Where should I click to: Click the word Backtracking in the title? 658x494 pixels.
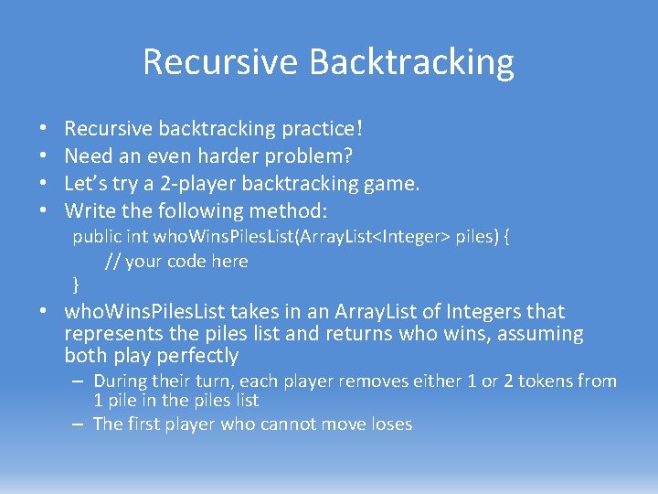(411, 62)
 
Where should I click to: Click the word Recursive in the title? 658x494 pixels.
(221, 61)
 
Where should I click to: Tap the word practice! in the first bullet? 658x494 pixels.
(322, 129)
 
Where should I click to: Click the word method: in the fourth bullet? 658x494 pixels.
(288, 210)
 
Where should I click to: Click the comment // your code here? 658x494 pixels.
(176, 262)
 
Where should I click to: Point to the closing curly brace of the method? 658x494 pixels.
(76, 285)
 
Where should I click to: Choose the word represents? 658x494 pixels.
(113, 335)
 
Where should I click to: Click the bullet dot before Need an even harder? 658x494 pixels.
(43, 156)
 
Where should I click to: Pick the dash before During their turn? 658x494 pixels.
(78, 381)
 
